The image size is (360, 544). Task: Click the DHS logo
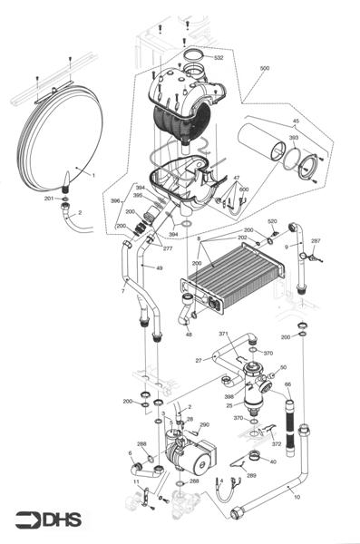pos(44,520)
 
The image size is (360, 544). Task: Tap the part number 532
pos(219,57)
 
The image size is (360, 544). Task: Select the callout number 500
pos(265,69)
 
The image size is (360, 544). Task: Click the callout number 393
pos(294,139)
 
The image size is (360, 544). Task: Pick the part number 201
pos(48,198)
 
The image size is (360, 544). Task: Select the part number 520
pos(272,221)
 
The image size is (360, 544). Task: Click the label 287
pos(316,241)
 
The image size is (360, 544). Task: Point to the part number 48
pos(189,335)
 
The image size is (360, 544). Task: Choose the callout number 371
pos(223,335)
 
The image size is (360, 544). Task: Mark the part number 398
pos(229,396)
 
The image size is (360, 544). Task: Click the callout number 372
pos(277,444)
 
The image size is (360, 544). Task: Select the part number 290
pos(204,424)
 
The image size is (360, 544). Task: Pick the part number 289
pos(251,475)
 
